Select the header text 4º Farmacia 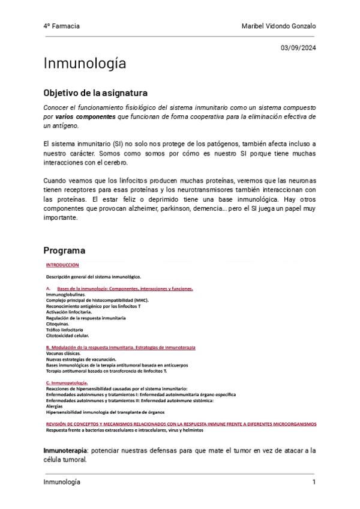62,26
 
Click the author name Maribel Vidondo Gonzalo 278,26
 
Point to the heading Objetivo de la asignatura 95,94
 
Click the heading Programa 64,250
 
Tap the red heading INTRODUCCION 62,265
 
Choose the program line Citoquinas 58,324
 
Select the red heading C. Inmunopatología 67,382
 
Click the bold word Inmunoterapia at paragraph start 65,450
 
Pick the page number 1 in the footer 313,483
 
